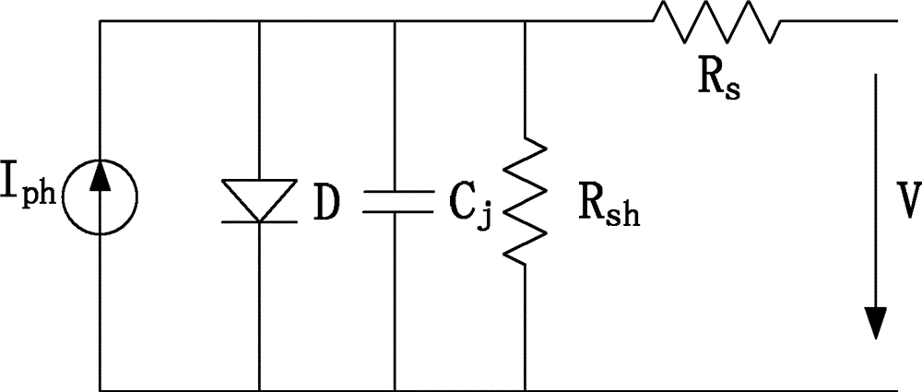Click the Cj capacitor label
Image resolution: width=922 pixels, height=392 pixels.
point(469,207)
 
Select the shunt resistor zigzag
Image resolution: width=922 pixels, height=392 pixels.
point(525,201)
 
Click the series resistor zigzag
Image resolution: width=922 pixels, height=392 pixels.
point(716,21)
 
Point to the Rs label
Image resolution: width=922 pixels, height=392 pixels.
point(718,83)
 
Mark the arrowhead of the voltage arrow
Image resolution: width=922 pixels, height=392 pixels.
point(876,323)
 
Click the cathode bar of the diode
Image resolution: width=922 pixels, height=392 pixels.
point(259,222)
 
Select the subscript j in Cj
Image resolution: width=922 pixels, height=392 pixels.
point(483,216)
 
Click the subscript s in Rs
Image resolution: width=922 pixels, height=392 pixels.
point(732,92)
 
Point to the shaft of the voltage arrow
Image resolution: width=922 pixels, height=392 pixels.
point(876,190)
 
